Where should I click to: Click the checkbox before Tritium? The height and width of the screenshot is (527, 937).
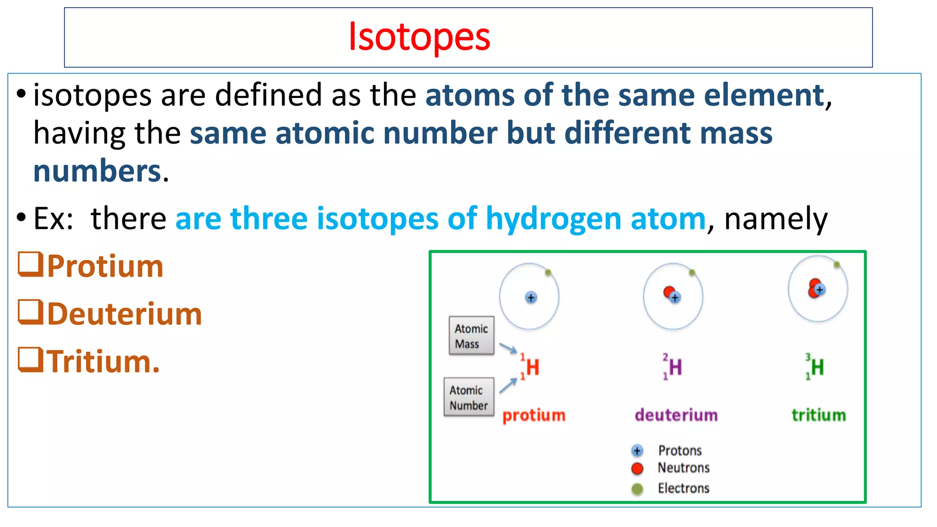click(x=31, y=360)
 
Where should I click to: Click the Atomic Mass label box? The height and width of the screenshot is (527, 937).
click(x=471, y=336)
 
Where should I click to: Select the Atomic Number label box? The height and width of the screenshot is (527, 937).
click(x=468, y=397)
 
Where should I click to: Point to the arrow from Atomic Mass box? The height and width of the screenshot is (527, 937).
click(x=508, y=349)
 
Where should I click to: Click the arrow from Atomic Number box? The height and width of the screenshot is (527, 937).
click(x=508, y=385)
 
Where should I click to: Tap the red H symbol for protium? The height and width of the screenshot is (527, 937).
click(x=532, y=367)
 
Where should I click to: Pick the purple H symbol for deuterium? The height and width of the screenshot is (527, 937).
click(x=675, y=367)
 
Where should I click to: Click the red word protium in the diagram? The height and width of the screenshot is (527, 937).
click(x=534, y=415)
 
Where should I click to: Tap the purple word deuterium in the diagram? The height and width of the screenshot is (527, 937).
click(x=676, y=415)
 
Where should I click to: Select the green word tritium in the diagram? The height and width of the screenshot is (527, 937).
click(x=819, y=415)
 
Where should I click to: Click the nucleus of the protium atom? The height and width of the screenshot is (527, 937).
click(x=531, y=298)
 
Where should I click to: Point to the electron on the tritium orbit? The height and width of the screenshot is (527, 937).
click(x=837, y=264)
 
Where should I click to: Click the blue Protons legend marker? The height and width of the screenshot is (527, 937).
click(x=637, y=451)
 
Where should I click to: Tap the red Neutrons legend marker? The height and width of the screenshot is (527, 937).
click(x=637, y=468)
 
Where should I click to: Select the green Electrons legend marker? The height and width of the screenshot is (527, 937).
click(x=637, y=489)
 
